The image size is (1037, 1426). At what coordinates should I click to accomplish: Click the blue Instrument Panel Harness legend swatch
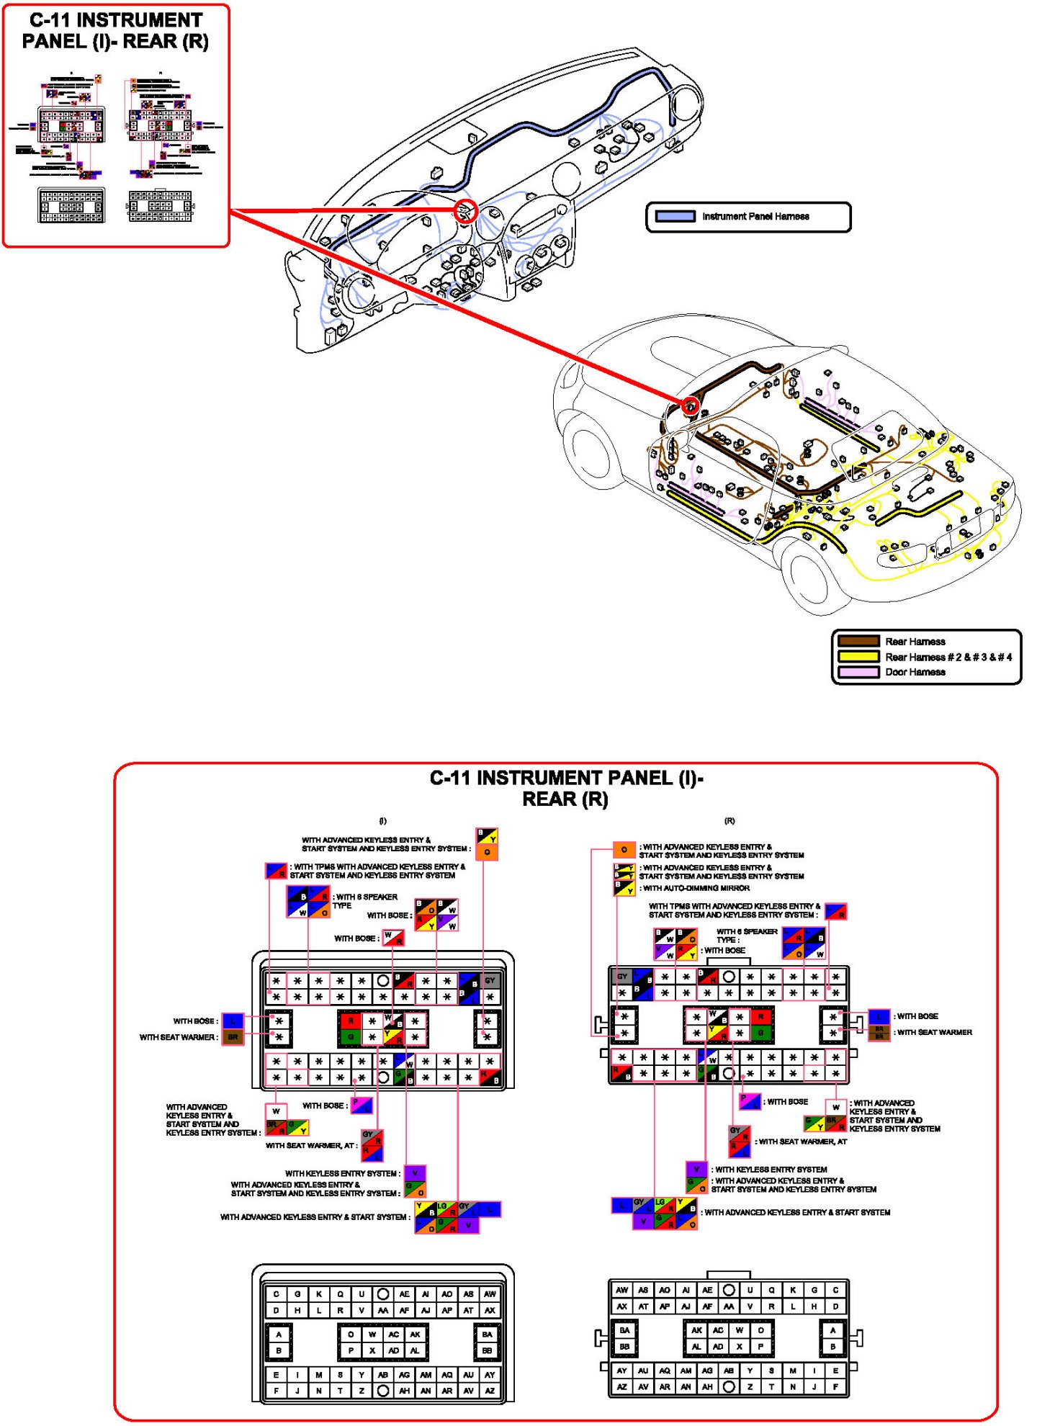coord(675,216)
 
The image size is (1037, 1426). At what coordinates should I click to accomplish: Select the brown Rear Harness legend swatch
coord(858,641)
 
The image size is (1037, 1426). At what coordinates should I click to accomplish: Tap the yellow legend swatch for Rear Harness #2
coord(858,656)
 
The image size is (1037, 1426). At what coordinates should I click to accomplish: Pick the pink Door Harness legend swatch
coord(858,672)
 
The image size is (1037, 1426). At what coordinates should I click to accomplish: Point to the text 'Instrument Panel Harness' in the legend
coord(755,216)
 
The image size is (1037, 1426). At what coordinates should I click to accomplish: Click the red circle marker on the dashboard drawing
coord(467,210)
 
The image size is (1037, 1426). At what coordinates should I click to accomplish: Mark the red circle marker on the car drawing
coord(690,406)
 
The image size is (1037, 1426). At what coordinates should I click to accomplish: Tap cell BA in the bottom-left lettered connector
coord(488,1334)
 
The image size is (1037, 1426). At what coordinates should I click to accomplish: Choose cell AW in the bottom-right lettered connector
coord(622,1290)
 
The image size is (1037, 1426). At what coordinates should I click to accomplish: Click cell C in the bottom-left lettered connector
coord(277,1293)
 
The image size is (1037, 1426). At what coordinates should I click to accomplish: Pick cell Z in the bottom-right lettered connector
coord(750,1386)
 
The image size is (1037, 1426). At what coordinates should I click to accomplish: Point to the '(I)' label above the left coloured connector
coord(382,821)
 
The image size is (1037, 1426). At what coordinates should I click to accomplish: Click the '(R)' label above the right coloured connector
coord(730,821)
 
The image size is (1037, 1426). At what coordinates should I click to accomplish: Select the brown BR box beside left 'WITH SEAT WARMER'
coord(233,1037)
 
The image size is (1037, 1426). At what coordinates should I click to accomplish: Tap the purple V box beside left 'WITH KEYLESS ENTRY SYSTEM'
coord(415,1173)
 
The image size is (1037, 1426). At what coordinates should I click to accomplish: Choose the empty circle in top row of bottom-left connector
coord(383,1293)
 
